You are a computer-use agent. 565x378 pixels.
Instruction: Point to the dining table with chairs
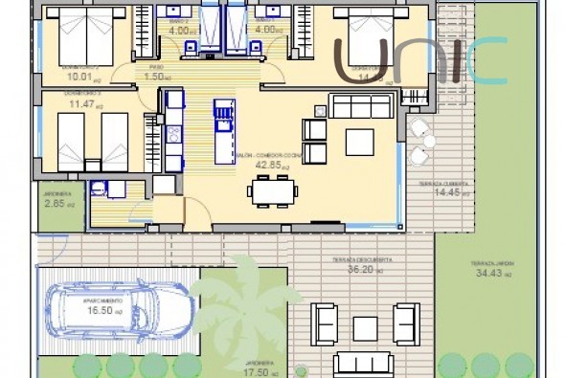click(271, 190)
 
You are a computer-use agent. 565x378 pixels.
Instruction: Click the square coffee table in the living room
click(359, 142)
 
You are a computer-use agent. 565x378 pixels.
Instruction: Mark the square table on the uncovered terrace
click(365, 328)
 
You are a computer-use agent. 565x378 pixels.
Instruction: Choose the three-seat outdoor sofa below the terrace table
click(364, 363)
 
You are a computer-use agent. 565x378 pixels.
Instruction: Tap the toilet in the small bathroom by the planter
click(97, 189)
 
